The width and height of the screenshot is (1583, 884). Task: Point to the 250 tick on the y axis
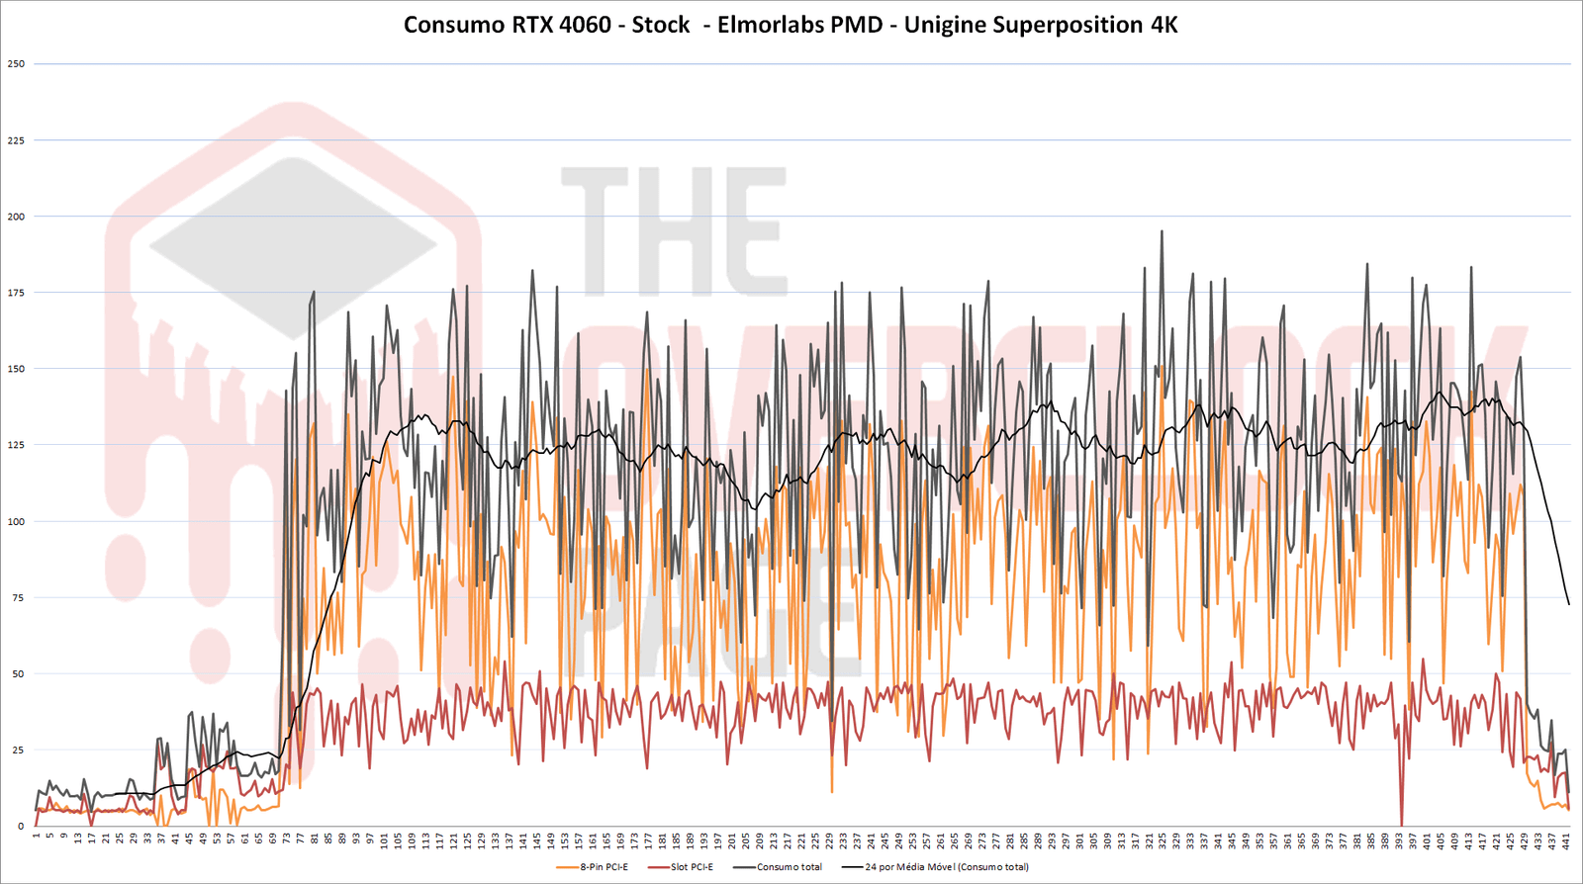(x=16, y=64)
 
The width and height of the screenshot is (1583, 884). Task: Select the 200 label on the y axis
(x=16, y=217)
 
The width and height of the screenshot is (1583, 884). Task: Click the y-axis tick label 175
(x=16, y=293)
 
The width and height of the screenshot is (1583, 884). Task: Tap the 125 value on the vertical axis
(x=16, y=445)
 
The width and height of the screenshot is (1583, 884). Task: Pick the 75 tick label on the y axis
(x=16, y=598)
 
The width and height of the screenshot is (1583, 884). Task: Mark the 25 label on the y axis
(x=18, y=751)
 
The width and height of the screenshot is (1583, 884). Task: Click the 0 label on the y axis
(x=21, y=827)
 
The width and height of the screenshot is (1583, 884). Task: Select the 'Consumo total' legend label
(x=789, y=867)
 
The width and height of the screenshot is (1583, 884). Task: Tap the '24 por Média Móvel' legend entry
(x=946, y=867)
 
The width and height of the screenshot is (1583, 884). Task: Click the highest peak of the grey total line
(x=1162, y=231)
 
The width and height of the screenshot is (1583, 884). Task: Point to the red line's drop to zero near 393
(x=1402, y=824)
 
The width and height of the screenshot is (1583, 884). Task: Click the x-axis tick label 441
(x=1567, y=841)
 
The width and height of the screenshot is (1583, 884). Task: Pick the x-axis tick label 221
(x=801, y=841)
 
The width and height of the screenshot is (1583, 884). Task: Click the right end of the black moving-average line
(x=1568, y=604)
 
